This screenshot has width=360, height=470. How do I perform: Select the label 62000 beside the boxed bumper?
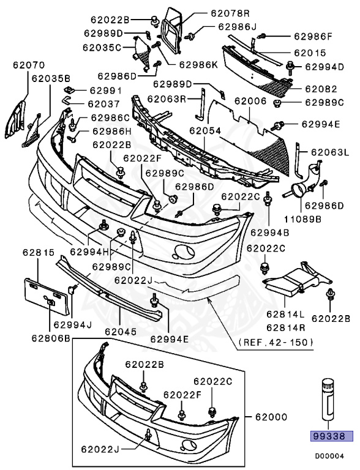pyautogui.click(x=270, y=417)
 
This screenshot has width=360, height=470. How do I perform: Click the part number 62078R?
pyautogui.click(x=213, y=13)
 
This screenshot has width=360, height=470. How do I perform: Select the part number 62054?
pyautogui.click(x=204, y=131)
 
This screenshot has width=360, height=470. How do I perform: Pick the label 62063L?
pyautogui.click(x=328, y=152)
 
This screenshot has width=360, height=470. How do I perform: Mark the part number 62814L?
pyautogui.click(x=283, y=313)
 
